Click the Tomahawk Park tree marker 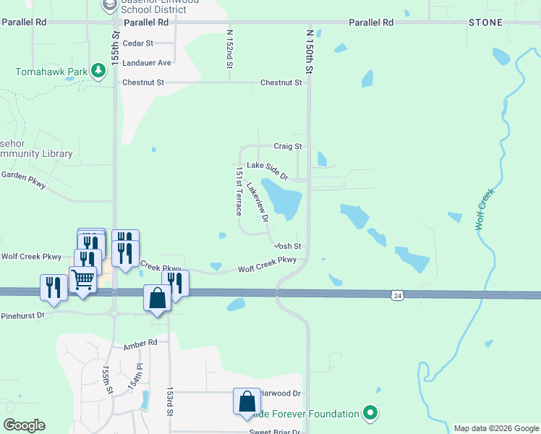(96, 72)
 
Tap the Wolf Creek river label (484, 210)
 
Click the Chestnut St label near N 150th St (281, 83)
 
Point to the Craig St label (287, 146)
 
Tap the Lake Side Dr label (267, 171)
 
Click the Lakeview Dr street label (257, 202)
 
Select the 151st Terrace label (238, 192)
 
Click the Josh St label (287, 247)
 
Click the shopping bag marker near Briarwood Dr (246, 401)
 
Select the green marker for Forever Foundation (370, 413)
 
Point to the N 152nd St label (229, 49)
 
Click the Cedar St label (138, 43)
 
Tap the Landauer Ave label (147, 63)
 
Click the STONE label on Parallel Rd (485, 22)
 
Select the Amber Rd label (140, 343)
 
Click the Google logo (24, 425)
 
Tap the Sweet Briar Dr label (275, 432)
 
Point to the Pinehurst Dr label (22, 315)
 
